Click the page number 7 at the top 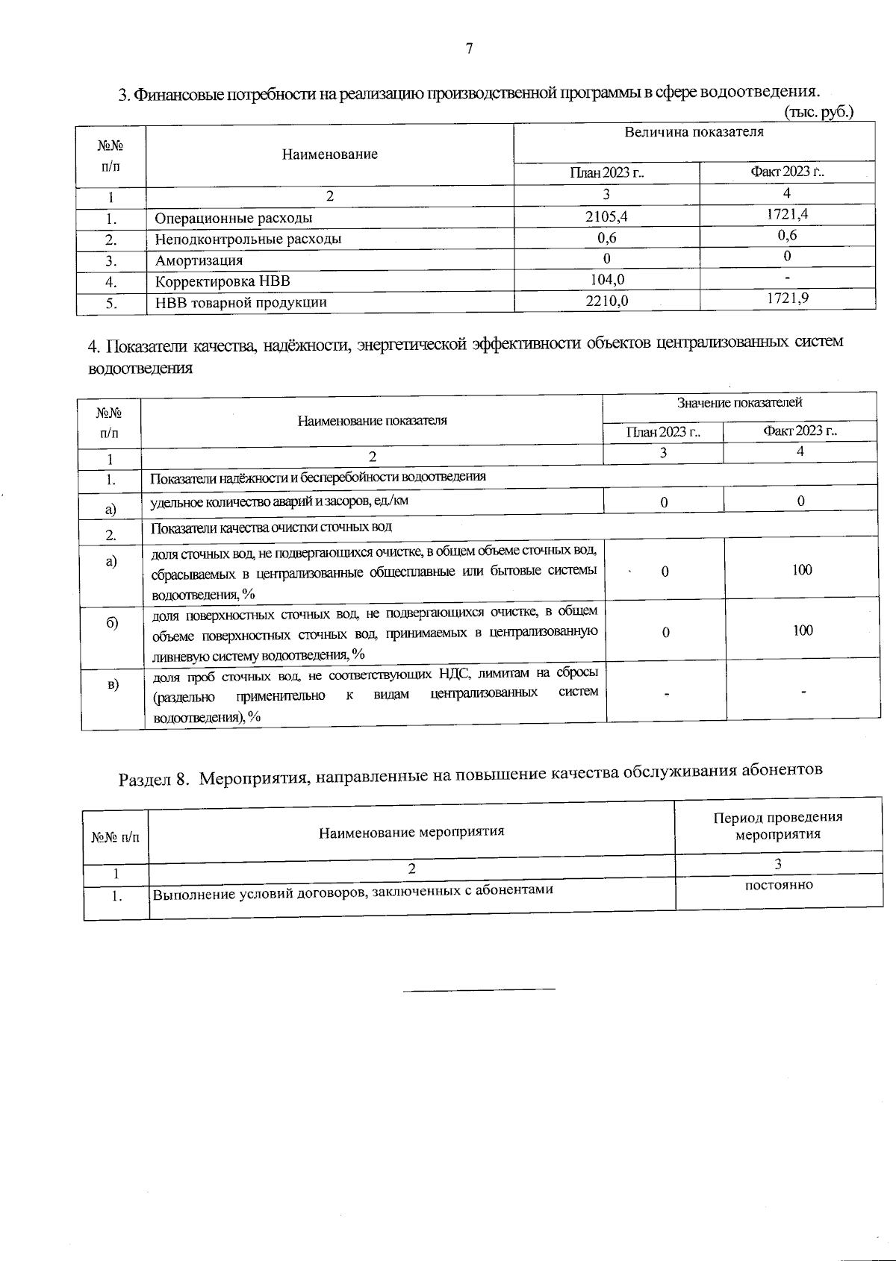(x=469, y=49)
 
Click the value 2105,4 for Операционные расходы (x=606, y=216)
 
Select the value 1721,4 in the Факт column (x=787, y=214)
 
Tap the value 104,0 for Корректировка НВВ (x=606, y=280)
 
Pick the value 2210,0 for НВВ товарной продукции (x=606, y=301)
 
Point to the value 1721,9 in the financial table (x=787, y=298)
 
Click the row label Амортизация (x=199, y=260)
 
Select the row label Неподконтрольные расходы (x=248, y=240)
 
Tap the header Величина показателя (x=694, y=133)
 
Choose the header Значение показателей (x=739, y=403)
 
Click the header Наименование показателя (x=372, y=420)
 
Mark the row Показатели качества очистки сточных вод (x=271, y=528)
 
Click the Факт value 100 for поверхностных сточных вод (x=803, y=630)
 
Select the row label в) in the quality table (x=112, y=684)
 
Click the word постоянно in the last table (x=779, y=885)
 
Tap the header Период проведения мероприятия (x=778, y=825)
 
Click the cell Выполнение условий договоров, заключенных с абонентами (x=352, y=890)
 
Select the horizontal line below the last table (x=479, y=989)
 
